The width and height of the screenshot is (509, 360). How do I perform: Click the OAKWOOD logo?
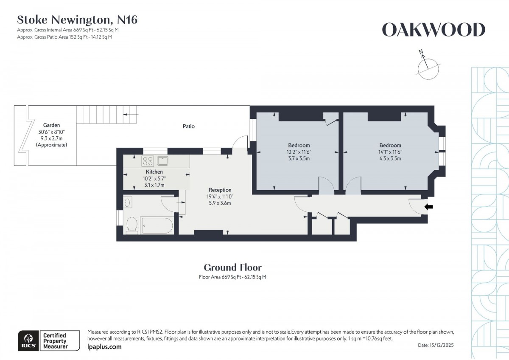pyautogui.click(x=433, y=30)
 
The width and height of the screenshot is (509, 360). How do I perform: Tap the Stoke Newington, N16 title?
pyautogui.click(x=77, y=20)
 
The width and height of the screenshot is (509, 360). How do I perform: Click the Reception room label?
pyautogui.click(x=220, y=190)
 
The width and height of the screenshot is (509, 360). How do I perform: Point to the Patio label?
pyautogui.click(x=189, y=126)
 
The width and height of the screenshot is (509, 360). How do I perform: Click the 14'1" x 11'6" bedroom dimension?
pyautogui.click(x=390, y=152)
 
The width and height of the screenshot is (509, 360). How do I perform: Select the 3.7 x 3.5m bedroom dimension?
pyautogui.click(x=299, y=158)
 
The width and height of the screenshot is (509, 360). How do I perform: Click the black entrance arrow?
pyautogui.click(x=429, y=207)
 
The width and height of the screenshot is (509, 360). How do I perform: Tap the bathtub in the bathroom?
pyautogui.click(x=157, y=225)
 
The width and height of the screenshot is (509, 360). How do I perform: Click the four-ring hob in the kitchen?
pyautogui.click(x=148, y=161)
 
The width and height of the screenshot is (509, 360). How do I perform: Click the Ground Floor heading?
pyautogui.click(x=232, y=267)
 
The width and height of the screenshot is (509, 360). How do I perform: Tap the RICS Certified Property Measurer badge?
pyautogui.click(x=49, y=341)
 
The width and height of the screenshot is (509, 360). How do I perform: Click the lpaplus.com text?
pyautogui.click(x=104, y=347)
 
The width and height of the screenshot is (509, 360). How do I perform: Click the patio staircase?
pyautogui.click(x=107, y=115)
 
